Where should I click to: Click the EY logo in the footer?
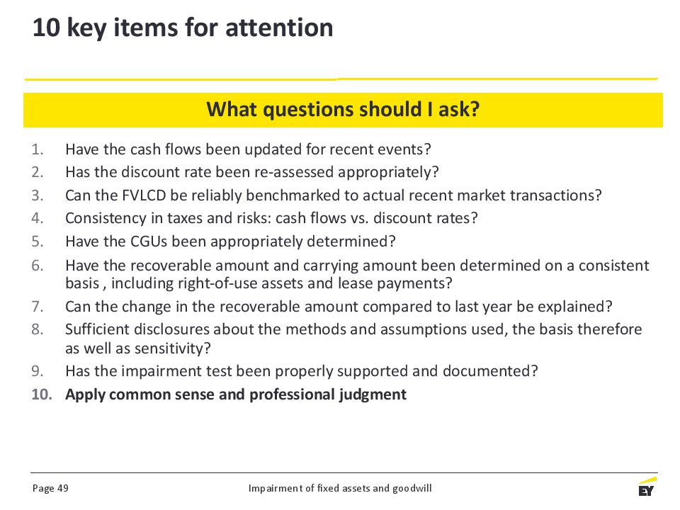point(647,487)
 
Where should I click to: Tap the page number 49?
point(63,488)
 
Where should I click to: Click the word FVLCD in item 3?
point(144,195)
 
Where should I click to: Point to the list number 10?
point(42,395)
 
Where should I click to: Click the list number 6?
point(38,266)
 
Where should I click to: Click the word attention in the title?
point(279,28)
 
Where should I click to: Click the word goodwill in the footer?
point(412,489)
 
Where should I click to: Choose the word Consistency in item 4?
point(106,218)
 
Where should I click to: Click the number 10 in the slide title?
point(46,28)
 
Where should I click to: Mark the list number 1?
point(38,149)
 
